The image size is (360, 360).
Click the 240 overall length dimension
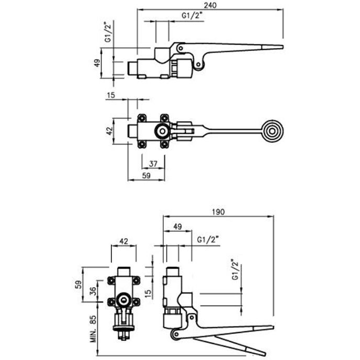[x=211, y=5]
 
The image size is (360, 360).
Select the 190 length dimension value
[x=219, y=212]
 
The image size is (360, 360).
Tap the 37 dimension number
[x=153, y=164]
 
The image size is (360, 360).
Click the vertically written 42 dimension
[x=109, y=130]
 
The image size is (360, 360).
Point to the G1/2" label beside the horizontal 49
[x=208, y=240]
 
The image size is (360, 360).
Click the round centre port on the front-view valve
[x=124, y=301]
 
